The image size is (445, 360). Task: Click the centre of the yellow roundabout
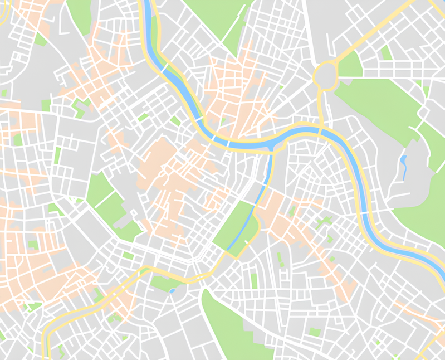coord(326,74)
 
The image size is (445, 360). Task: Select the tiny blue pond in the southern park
coord(172,290)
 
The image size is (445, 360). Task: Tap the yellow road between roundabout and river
coord(320,106)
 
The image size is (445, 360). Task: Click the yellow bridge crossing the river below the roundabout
coord(322,131)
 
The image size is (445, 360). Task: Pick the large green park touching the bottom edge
coord(234,329)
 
